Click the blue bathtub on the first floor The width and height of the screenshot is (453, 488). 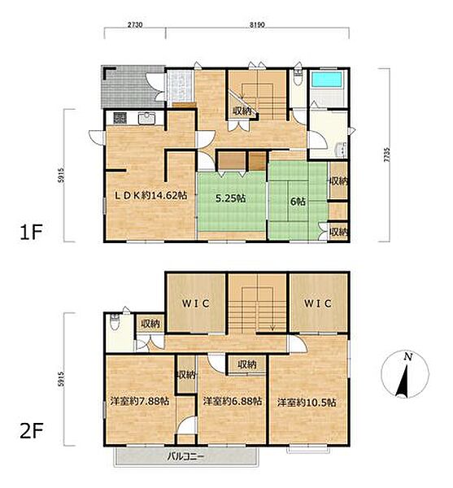326,80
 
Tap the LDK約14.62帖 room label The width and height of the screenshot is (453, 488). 151,195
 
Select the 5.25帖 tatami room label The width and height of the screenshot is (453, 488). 230,198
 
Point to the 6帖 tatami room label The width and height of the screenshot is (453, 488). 298,202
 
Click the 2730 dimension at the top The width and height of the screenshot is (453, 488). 135,24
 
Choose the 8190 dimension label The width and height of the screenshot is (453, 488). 257,24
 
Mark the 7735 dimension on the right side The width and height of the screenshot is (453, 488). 386,155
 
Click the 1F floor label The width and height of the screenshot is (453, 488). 30,232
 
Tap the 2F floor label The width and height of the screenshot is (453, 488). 31,431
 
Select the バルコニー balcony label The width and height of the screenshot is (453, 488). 185,457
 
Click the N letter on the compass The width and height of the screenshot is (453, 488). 408,357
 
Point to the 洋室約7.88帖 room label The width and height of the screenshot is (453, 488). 140,401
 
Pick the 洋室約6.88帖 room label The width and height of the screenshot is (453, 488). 233,401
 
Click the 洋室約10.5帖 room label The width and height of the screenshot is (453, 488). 307,403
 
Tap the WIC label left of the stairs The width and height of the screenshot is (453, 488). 196,303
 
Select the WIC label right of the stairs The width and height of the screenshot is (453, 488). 318,303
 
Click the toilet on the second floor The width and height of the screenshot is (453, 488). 115,322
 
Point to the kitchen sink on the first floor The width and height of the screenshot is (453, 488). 146,118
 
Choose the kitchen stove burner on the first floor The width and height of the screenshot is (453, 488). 120,118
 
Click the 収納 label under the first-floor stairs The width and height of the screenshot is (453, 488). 242,111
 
